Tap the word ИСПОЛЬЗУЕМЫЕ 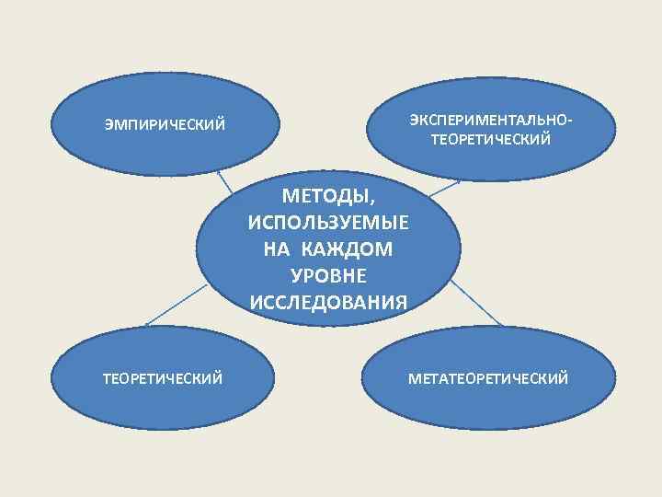(329, 224)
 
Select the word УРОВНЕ (329, 275)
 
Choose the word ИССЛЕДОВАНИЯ (329, 302)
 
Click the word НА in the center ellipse (278, 249)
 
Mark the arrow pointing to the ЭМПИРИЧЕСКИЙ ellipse (223, 181)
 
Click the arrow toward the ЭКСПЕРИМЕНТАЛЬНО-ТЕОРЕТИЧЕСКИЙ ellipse (445, 187)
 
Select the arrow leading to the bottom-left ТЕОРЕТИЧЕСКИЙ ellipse (175, 305)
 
